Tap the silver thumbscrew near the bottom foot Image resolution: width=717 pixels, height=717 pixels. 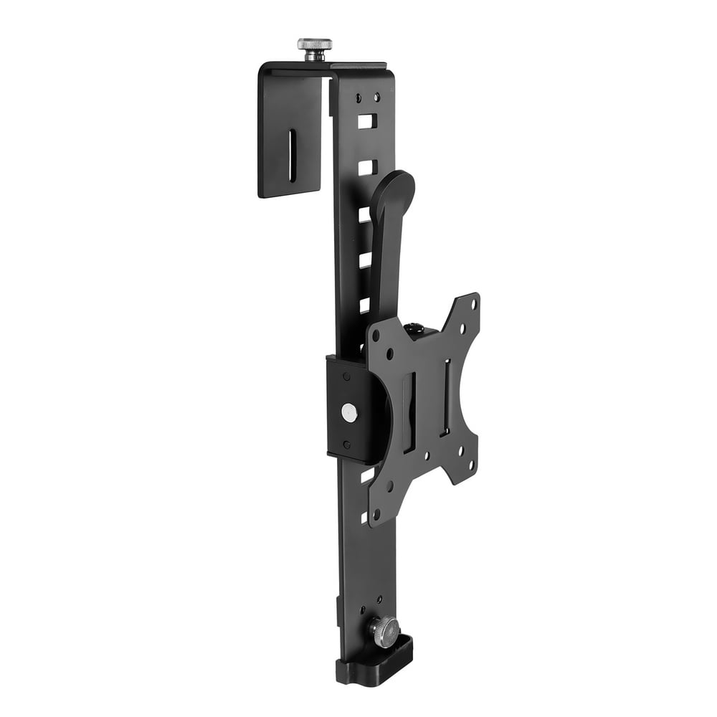(x=385, y=631)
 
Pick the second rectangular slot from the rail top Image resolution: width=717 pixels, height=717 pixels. (x=366, y=168)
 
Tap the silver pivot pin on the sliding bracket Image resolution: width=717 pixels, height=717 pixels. (x=349, y=412)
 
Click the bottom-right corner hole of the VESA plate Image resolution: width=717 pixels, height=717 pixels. (x=471, y=465)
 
